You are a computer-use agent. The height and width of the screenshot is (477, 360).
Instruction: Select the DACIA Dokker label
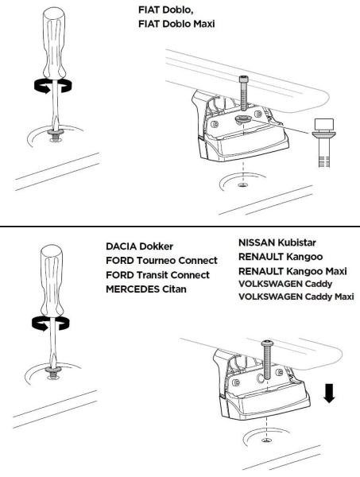tap(140, 246)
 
